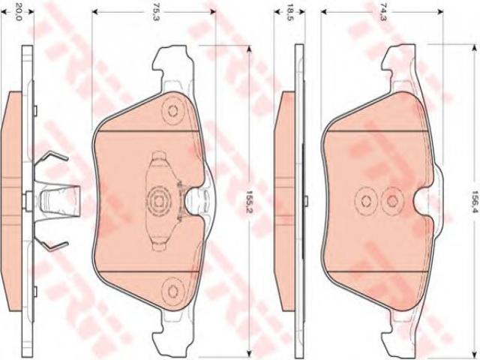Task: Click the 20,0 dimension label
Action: click(x=19, y=12)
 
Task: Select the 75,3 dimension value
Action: click(x=157, y=12)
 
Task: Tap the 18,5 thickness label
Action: click(x=289, y=12)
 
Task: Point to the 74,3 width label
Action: click(x=383, y=12)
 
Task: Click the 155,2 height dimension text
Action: click(x=249, y=202)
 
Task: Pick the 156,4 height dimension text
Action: click(x=475, y=202)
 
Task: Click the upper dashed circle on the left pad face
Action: click(x=173, y=111)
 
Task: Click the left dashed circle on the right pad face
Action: click(x=366, y=201)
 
